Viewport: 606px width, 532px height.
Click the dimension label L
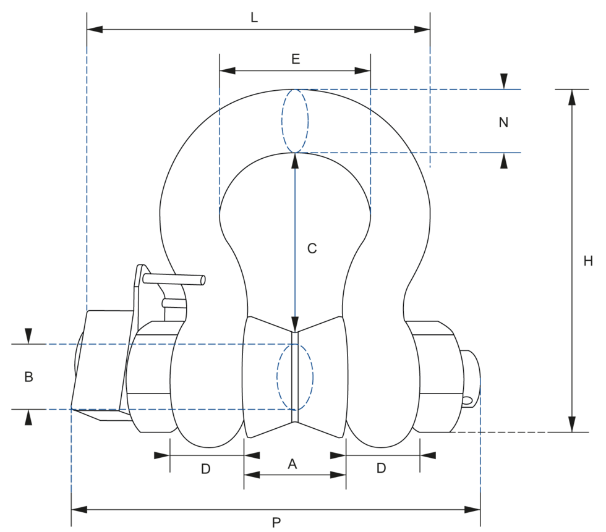(x=254, y=18)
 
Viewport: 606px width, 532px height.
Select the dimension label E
(x=296, y=59)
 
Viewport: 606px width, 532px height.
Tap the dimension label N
(x=503, y=122)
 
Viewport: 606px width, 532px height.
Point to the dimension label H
(x=588, y=261)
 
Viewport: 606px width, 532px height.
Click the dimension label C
(x=312, y=248)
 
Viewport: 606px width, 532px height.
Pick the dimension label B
(x=28, y=377)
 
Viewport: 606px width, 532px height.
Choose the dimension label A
(x=293, y=464)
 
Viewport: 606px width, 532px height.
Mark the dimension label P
(x=276, y=523)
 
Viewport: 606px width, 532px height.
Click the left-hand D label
(x=206, y=469)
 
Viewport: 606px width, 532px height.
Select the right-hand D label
(x=382, y=468)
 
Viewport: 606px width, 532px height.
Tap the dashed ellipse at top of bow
(x=295, y=120)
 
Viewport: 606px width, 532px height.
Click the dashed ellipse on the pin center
(x=295, y=376)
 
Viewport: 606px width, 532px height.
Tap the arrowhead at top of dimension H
(x=571, y=97)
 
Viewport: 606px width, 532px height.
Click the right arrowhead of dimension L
(x=422, y=29)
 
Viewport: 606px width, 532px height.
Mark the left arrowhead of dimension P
(x=79, y=510)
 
